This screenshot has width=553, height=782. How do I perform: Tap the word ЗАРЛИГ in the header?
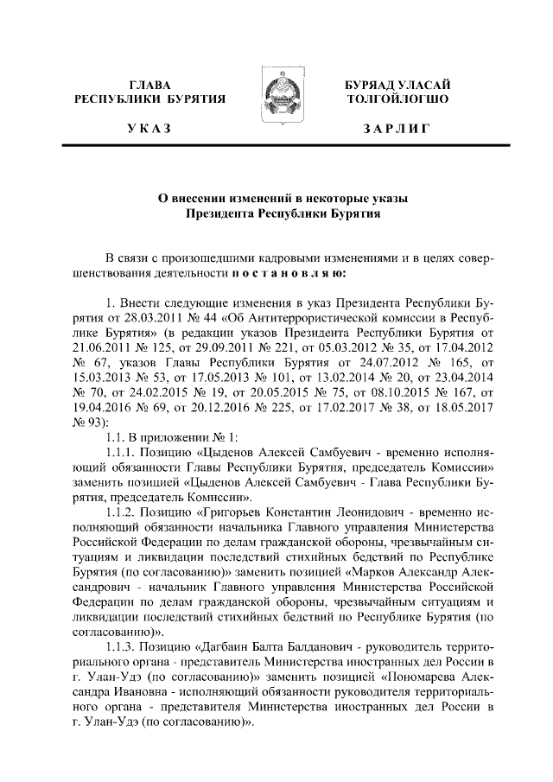[397, 129]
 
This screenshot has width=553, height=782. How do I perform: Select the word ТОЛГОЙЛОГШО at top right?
[397, 100]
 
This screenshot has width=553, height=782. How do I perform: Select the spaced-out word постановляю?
[289, 274]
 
